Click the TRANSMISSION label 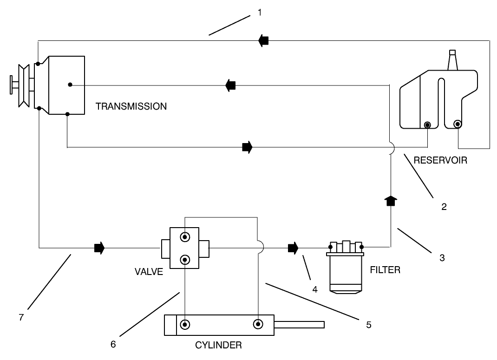[131, 106]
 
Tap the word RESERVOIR [440, 161]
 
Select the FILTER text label [386, 270]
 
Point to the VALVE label [149, 272]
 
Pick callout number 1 [260, 13]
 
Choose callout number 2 [444, 207]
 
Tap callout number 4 [314, 289]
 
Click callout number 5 [368, 325]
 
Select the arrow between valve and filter [293, 248]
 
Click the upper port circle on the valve [185, 237]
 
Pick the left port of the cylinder [185, 324]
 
